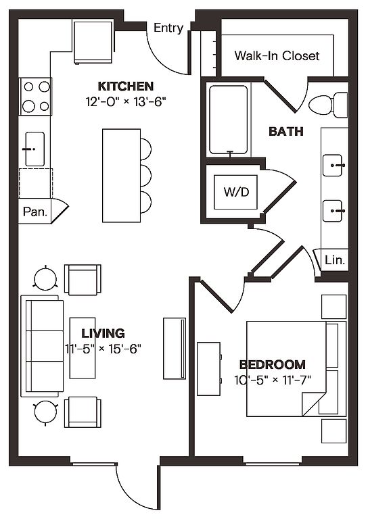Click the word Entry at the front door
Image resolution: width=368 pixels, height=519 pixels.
click(x=168, y=28)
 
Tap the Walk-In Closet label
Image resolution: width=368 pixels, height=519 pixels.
click(x=277, y=55)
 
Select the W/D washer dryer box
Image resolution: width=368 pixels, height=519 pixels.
click(x=235, y=192)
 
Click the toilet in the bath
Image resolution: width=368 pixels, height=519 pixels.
click(x=328, y=105)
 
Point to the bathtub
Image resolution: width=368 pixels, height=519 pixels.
click(x=229, y=120)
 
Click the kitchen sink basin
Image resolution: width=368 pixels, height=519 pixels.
click(x=34, y=149)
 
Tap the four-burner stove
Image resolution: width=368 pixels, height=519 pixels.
click(x=35, y=97)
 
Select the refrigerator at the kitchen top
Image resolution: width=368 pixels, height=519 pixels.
click(x=93, y=42)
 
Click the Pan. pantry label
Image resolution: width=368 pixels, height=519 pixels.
click(x=35, y=212)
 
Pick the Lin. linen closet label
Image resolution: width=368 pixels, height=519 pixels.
click(x=335, y=259)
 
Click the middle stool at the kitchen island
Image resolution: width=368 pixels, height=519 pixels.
click(x=145, y=176)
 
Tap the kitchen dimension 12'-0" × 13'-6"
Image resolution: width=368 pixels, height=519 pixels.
click(x=126, y=101)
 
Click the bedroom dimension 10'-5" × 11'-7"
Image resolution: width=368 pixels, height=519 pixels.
click(x=272, y=380)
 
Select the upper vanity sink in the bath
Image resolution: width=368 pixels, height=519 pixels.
click(x=333, y=165)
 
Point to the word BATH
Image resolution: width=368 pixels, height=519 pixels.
click(x=286, y=131)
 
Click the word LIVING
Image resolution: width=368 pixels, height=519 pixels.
click(x=103, y=333)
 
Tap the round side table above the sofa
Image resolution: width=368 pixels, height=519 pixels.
click(x=45, y=278)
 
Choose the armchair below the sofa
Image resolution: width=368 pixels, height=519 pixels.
click(x=83, y=412)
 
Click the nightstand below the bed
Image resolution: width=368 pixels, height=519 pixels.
click(x=333, y=431)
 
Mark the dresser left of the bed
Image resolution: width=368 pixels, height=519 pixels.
click(x=208, y=369)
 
